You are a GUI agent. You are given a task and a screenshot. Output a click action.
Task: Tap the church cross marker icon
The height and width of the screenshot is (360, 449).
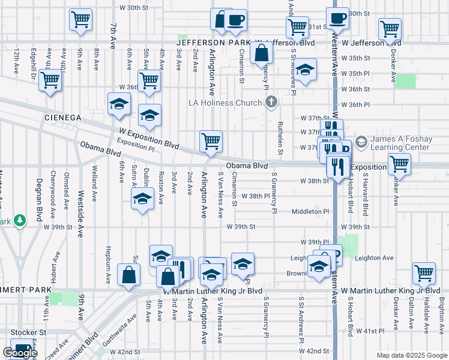click(271, 102)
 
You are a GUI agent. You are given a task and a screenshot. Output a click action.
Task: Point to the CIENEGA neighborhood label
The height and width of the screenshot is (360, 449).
click(62, 118)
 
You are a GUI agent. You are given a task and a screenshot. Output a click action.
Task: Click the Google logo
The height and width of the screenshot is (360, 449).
click(19, 353)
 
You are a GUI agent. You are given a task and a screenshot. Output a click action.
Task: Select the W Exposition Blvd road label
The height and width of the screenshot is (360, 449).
click(149, 138)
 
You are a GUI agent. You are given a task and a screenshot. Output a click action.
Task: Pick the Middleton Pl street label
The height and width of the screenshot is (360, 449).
click(310, 212)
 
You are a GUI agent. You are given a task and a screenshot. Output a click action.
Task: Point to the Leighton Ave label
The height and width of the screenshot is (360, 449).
click(373, 258)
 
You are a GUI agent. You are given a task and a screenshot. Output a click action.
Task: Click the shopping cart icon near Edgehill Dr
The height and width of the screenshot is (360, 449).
click(50, 79)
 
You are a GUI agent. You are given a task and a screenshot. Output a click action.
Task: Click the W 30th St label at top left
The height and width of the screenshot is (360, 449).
click(134, 7)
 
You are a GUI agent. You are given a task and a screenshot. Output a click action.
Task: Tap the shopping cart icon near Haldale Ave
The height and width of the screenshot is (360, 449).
click(424, 273)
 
